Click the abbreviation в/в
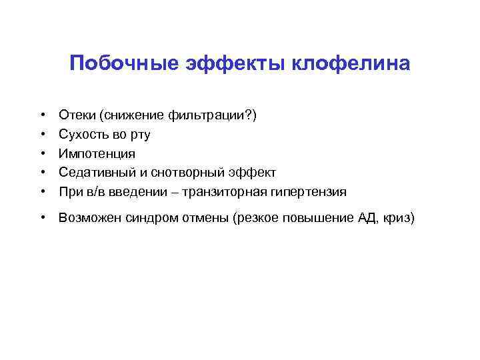[x=92, y=192]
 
